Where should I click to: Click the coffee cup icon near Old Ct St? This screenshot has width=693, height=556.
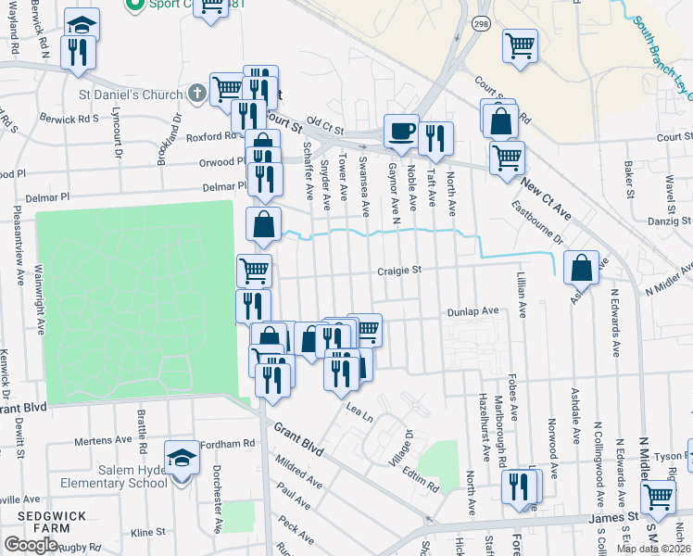(401, 132)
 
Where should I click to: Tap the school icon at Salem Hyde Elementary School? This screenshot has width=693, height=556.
(181, 457)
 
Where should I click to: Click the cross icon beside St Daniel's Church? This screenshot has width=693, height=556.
(196, 94)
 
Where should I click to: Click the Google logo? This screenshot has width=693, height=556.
(31, 544)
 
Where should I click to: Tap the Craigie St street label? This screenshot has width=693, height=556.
(398, 271)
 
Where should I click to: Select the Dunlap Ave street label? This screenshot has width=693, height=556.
(473, 311)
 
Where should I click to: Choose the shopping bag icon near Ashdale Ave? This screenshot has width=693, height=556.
(581, 268)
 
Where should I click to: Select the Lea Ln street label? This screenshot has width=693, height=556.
(358, 412)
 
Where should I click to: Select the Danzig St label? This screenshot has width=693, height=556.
(668, 221)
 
